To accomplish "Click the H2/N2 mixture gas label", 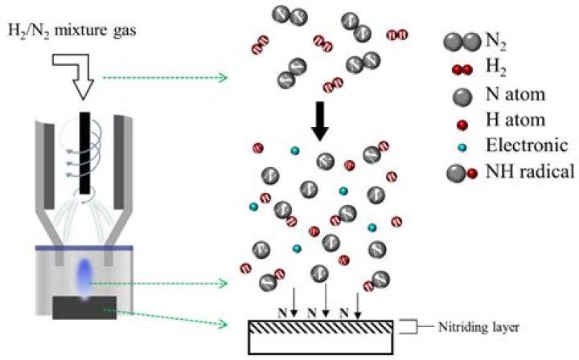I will (76, 31).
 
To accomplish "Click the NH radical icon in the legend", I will (462, 170).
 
